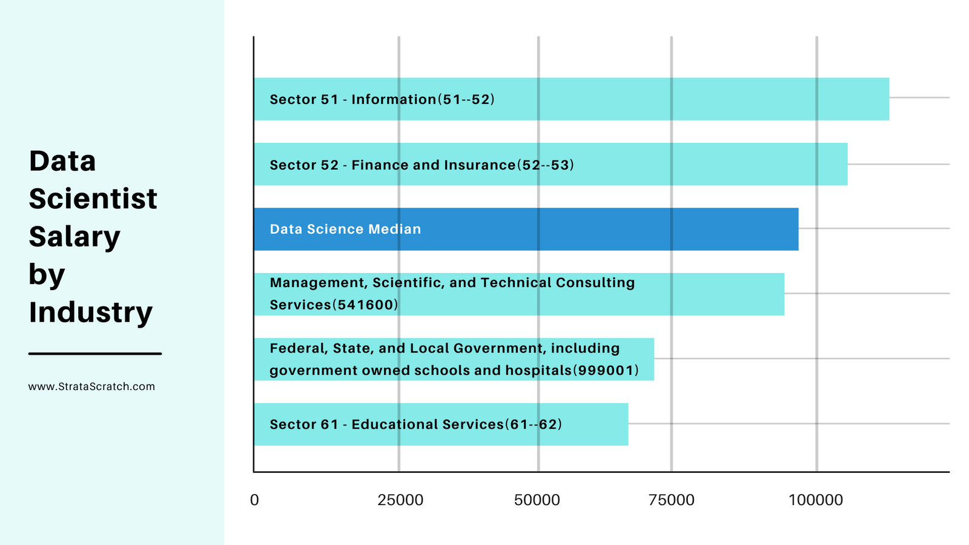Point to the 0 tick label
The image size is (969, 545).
coord(254,500)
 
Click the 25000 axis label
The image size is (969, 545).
coord(400,500)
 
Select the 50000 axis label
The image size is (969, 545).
coord(537,500)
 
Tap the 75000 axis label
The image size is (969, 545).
coord(672,500)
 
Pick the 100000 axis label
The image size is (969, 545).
coord(816,500)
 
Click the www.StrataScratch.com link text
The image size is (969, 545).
coord(91,386)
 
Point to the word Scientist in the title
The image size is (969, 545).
coord(93,199)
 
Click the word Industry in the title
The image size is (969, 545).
coord(90,312)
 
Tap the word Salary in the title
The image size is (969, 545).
coord(74,237)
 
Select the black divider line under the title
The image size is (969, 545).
coord(95,353)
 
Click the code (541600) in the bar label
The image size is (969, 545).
coord(365,305)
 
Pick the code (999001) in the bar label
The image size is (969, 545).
coord(606,370)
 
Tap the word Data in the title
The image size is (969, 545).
coord(62,162)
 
